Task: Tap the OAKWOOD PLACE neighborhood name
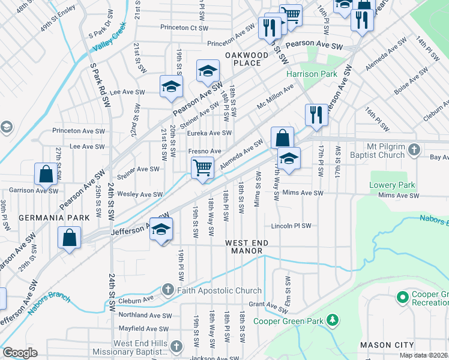coord(247,59)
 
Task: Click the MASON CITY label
coord(387,345)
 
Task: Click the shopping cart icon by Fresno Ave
coord(203,167)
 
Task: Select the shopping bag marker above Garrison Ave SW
coord(46,175)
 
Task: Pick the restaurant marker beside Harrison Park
coord(316,114)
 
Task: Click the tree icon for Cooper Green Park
coord(332,321)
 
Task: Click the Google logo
coord(20,353)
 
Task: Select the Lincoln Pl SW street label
coord(291,226)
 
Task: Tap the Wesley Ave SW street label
coord(140,194)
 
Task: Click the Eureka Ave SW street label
coord(209,133)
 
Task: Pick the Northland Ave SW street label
coord(146,315)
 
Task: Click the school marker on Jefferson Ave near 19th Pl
coord(161,230)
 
